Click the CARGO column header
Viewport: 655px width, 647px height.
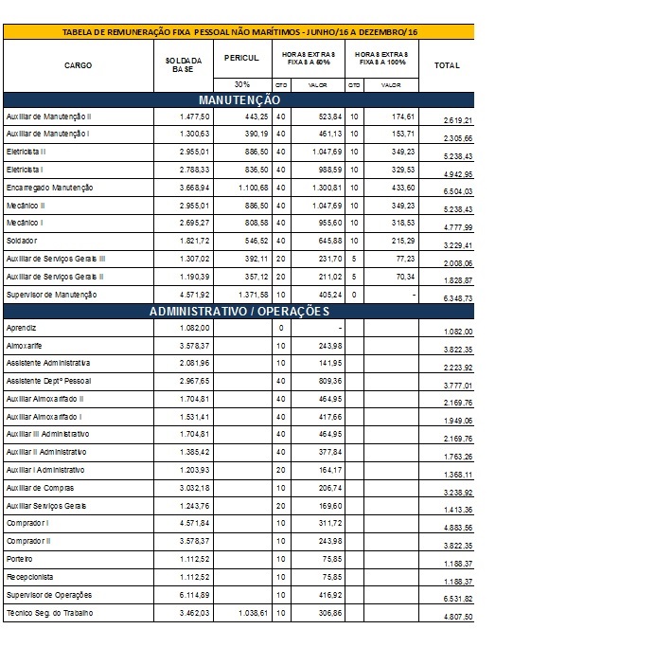[78, 65]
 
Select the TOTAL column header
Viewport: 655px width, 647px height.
[447, 65]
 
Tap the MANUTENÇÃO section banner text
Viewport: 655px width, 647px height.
[239, 100]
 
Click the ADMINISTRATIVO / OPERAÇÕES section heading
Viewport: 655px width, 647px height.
[239, 312]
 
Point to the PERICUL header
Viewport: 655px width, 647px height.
[241, 58]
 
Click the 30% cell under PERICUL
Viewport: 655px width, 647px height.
[242, 84]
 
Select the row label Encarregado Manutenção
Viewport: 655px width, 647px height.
[50, 188]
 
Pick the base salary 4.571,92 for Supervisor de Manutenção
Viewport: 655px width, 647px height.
[195, 295]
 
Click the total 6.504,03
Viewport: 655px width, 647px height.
[458, 191]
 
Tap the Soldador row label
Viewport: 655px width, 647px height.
[22, 241]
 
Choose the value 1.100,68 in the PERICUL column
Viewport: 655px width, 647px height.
[253, 188]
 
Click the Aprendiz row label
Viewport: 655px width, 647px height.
[22, 328]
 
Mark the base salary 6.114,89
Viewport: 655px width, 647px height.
[195, 595]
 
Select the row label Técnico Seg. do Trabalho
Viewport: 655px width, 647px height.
[50, 613]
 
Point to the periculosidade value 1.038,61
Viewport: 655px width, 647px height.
[253, 613]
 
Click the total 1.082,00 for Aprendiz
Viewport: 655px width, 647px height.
[458, 332]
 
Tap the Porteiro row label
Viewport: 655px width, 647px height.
[19, 559]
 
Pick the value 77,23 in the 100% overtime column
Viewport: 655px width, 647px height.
[405, 259]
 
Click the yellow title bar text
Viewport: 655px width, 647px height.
[239, 32]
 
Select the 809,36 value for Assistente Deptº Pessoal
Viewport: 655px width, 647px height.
[330, 381]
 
